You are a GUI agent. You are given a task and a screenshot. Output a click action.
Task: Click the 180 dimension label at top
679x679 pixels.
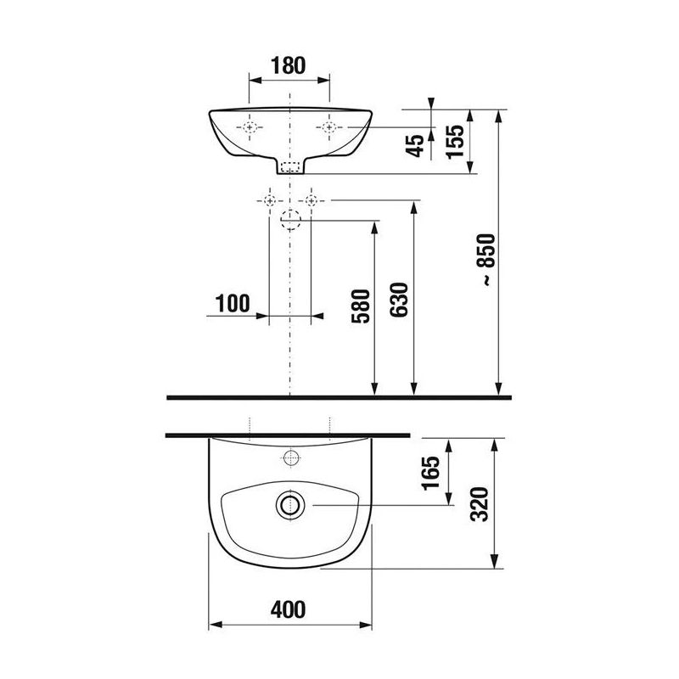[x=288, y=65]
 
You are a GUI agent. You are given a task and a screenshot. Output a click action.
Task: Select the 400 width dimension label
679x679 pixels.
[x=289, y=609]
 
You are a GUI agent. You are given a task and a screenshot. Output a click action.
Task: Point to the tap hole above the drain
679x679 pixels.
[x=289, y=459]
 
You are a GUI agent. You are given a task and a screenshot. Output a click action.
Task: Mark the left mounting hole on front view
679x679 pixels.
[x=250, y=127]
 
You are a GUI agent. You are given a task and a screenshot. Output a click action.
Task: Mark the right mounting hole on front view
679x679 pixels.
[x=328, y=127]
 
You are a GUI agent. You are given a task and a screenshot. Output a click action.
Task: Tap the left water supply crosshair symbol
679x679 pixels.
[x=269, y=200]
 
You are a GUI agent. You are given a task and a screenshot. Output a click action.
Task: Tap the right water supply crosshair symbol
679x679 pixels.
[x=311, y=200]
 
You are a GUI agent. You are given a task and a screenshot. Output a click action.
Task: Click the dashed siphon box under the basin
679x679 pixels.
[x=290, y=167]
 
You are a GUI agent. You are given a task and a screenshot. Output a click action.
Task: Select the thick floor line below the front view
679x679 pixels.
[x=339, y=396]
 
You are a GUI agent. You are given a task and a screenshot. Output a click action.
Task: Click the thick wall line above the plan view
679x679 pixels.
[x=289, y=435]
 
